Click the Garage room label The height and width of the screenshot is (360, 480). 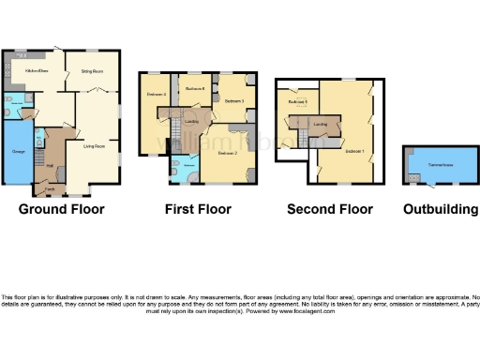tap(18, 150)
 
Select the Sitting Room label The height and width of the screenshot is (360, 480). tap(91, 71)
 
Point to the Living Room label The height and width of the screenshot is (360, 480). tap(94, 146)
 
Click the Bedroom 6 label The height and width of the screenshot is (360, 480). tap(195, 88)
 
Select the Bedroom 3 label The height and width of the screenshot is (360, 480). tap(234, 100)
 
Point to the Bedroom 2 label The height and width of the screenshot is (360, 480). tap(227, 152)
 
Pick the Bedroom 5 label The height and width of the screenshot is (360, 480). tap(298, 101)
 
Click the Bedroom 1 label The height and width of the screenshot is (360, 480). tap(353, 150)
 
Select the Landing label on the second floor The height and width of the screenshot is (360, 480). tap(320, 124)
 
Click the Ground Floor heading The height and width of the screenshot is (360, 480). tap(62, 209)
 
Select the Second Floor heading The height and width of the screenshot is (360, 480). tap(330, 209)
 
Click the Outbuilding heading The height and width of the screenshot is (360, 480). tap(440, 209)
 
